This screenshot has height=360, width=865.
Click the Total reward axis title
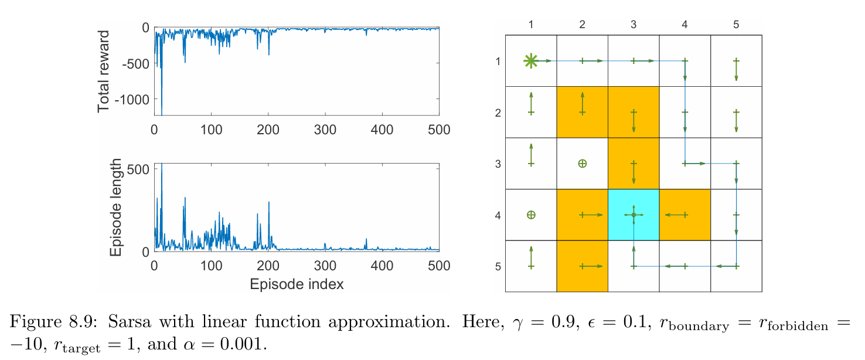[x=104, y=72]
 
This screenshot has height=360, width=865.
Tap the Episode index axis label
[x=296, y=284]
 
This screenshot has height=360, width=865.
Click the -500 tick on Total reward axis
[x=135, y=63]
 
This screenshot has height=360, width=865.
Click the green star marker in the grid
[x=530, y=60]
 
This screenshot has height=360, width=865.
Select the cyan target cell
[x=634, y=215]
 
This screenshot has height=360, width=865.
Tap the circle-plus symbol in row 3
[x=582, y=164]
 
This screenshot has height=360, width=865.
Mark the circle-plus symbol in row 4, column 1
[x=530, y=215]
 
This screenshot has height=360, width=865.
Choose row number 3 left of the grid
[x=498, y=164]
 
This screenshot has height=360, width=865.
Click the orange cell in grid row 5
[x=582, y=266]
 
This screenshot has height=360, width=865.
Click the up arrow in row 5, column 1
[x=530, y=257]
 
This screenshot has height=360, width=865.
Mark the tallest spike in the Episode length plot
[x=162, y=166]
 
